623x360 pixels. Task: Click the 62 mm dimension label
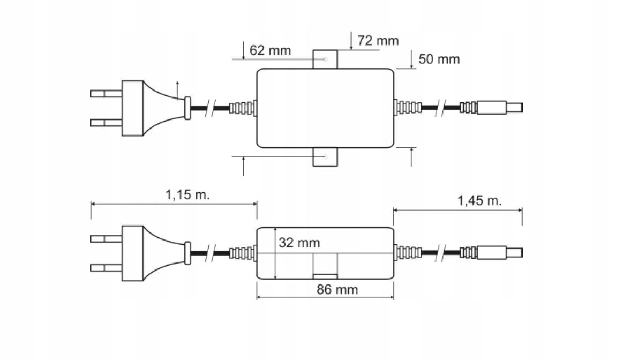pos(270,51)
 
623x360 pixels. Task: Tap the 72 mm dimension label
pos(378,41)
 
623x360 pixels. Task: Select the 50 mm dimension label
pos(439,59)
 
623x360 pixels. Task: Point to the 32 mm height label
pos(299,243)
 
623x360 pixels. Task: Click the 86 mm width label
pos(337,290)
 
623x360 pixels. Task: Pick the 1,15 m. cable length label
pos(187,194)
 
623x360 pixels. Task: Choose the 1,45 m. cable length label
pos(479,201)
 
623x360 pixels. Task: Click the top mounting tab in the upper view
pos(325,59)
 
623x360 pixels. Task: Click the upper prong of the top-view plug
pos(106,94)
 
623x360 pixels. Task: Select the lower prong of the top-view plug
pos(106,123)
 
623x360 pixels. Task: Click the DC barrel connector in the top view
pos(499,108)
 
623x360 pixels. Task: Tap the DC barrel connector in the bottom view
pos(499,252)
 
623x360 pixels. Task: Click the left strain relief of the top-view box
pos(243,108)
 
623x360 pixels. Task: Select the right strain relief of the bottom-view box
pos(407,252)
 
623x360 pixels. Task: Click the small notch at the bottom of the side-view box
pos(325,276)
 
